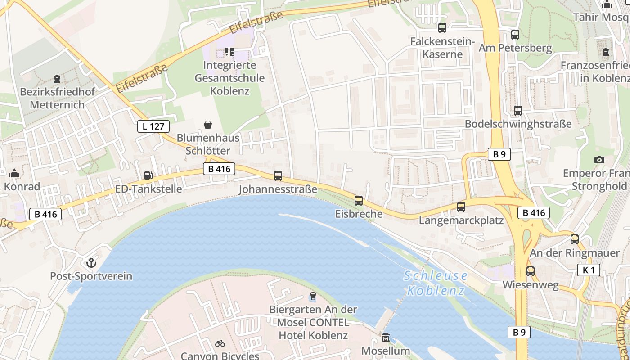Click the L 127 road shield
click(x=153, y=126)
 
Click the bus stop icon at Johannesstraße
click(x=278, y=176)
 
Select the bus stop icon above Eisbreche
click(x=359, y=201)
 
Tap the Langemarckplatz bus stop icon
click(x=461, y=207)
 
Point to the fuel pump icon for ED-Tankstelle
click(x=148, y=175)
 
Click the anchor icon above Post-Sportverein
click(x=91, y=262)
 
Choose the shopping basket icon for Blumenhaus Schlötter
click(x=208, y=124)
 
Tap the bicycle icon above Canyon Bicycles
click(x=220, y=343)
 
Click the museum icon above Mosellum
click(x=386, y=337)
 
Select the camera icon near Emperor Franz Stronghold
click(x=599, y=160)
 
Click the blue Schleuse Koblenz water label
click(x=436, y=283)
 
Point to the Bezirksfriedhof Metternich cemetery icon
click(x=57, y=79)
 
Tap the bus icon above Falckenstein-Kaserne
click(x=442, y=28)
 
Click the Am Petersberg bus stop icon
click(x=515, y=34)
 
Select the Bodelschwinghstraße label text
click(x=518, y=124)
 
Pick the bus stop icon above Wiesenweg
click(x=531, y=271)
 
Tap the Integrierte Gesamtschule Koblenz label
click(x=229, y=78)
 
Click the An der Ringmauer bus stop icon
click(x=575, y=239)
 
